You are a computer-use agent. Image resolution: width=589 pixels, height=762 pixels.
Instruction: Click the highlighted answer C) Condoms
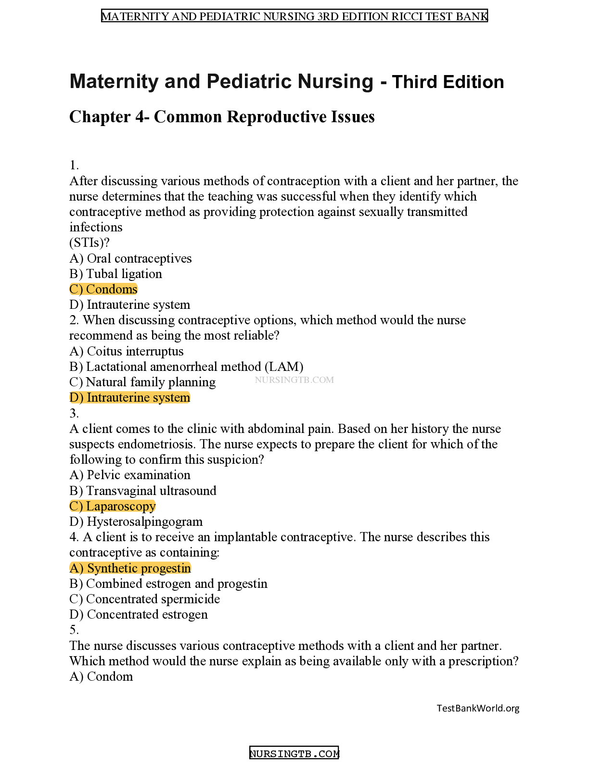click(103, 289)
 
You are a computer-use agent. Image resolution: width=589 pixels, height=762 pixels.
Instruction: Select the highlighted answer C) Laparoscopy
click(113, 507)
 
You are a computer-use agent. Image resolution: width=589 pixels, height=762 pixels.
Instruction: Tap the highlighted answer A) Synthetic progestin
click(130, 568)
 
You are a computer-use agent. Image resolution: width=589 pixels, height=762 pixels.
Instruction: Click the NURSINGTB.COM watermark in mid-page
click(294, 380)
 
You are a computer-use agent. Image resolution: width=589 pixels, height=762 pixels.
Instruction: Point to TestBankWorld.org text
click(478, 708)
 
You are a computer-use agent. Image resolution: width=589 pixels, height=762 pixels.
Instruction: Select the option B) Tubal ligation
click(116, 274)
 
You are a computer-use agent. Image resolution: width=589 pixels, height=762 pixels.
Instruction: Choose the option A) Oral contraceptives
click(130, 258)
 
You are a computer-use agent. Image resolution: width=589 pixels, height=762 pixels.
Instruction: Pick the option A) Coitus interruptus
click(126, 351)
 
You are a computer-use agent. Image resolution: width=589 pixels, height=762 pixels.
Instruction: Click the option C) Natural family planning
click(142, 382)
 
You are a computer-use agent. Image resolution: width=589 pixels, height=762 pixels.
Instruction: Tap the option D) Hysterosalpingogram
click(136, 522)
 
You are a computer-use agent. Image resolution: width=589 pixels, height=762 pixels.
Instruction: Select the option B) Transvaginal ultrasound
click(143, 491)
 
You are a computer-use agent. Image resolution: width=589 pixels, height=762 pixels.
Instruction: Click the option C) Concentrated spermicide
click(144, 599)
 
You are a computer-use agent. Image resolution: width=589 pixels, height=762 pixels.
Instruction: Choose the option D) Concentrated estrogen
click(139, 615)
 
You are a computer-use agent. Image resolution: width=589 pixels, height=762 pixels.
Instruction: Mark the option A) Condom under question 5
click(101, 677)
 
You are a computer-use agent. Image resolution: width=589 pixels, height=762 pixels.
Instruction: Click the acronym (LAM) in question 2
click(284, 367)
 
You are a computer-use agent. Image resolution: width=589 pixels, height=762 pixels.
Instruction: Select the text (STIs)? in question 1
click(90, 242)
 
